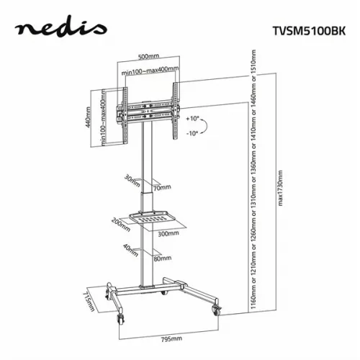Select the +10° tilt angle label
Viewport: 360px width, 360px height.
(191, 117)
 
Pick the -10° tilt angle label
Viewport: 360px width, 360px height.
(191, 135)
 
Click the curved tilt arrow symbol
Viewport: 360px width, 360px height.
(204, 126)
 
